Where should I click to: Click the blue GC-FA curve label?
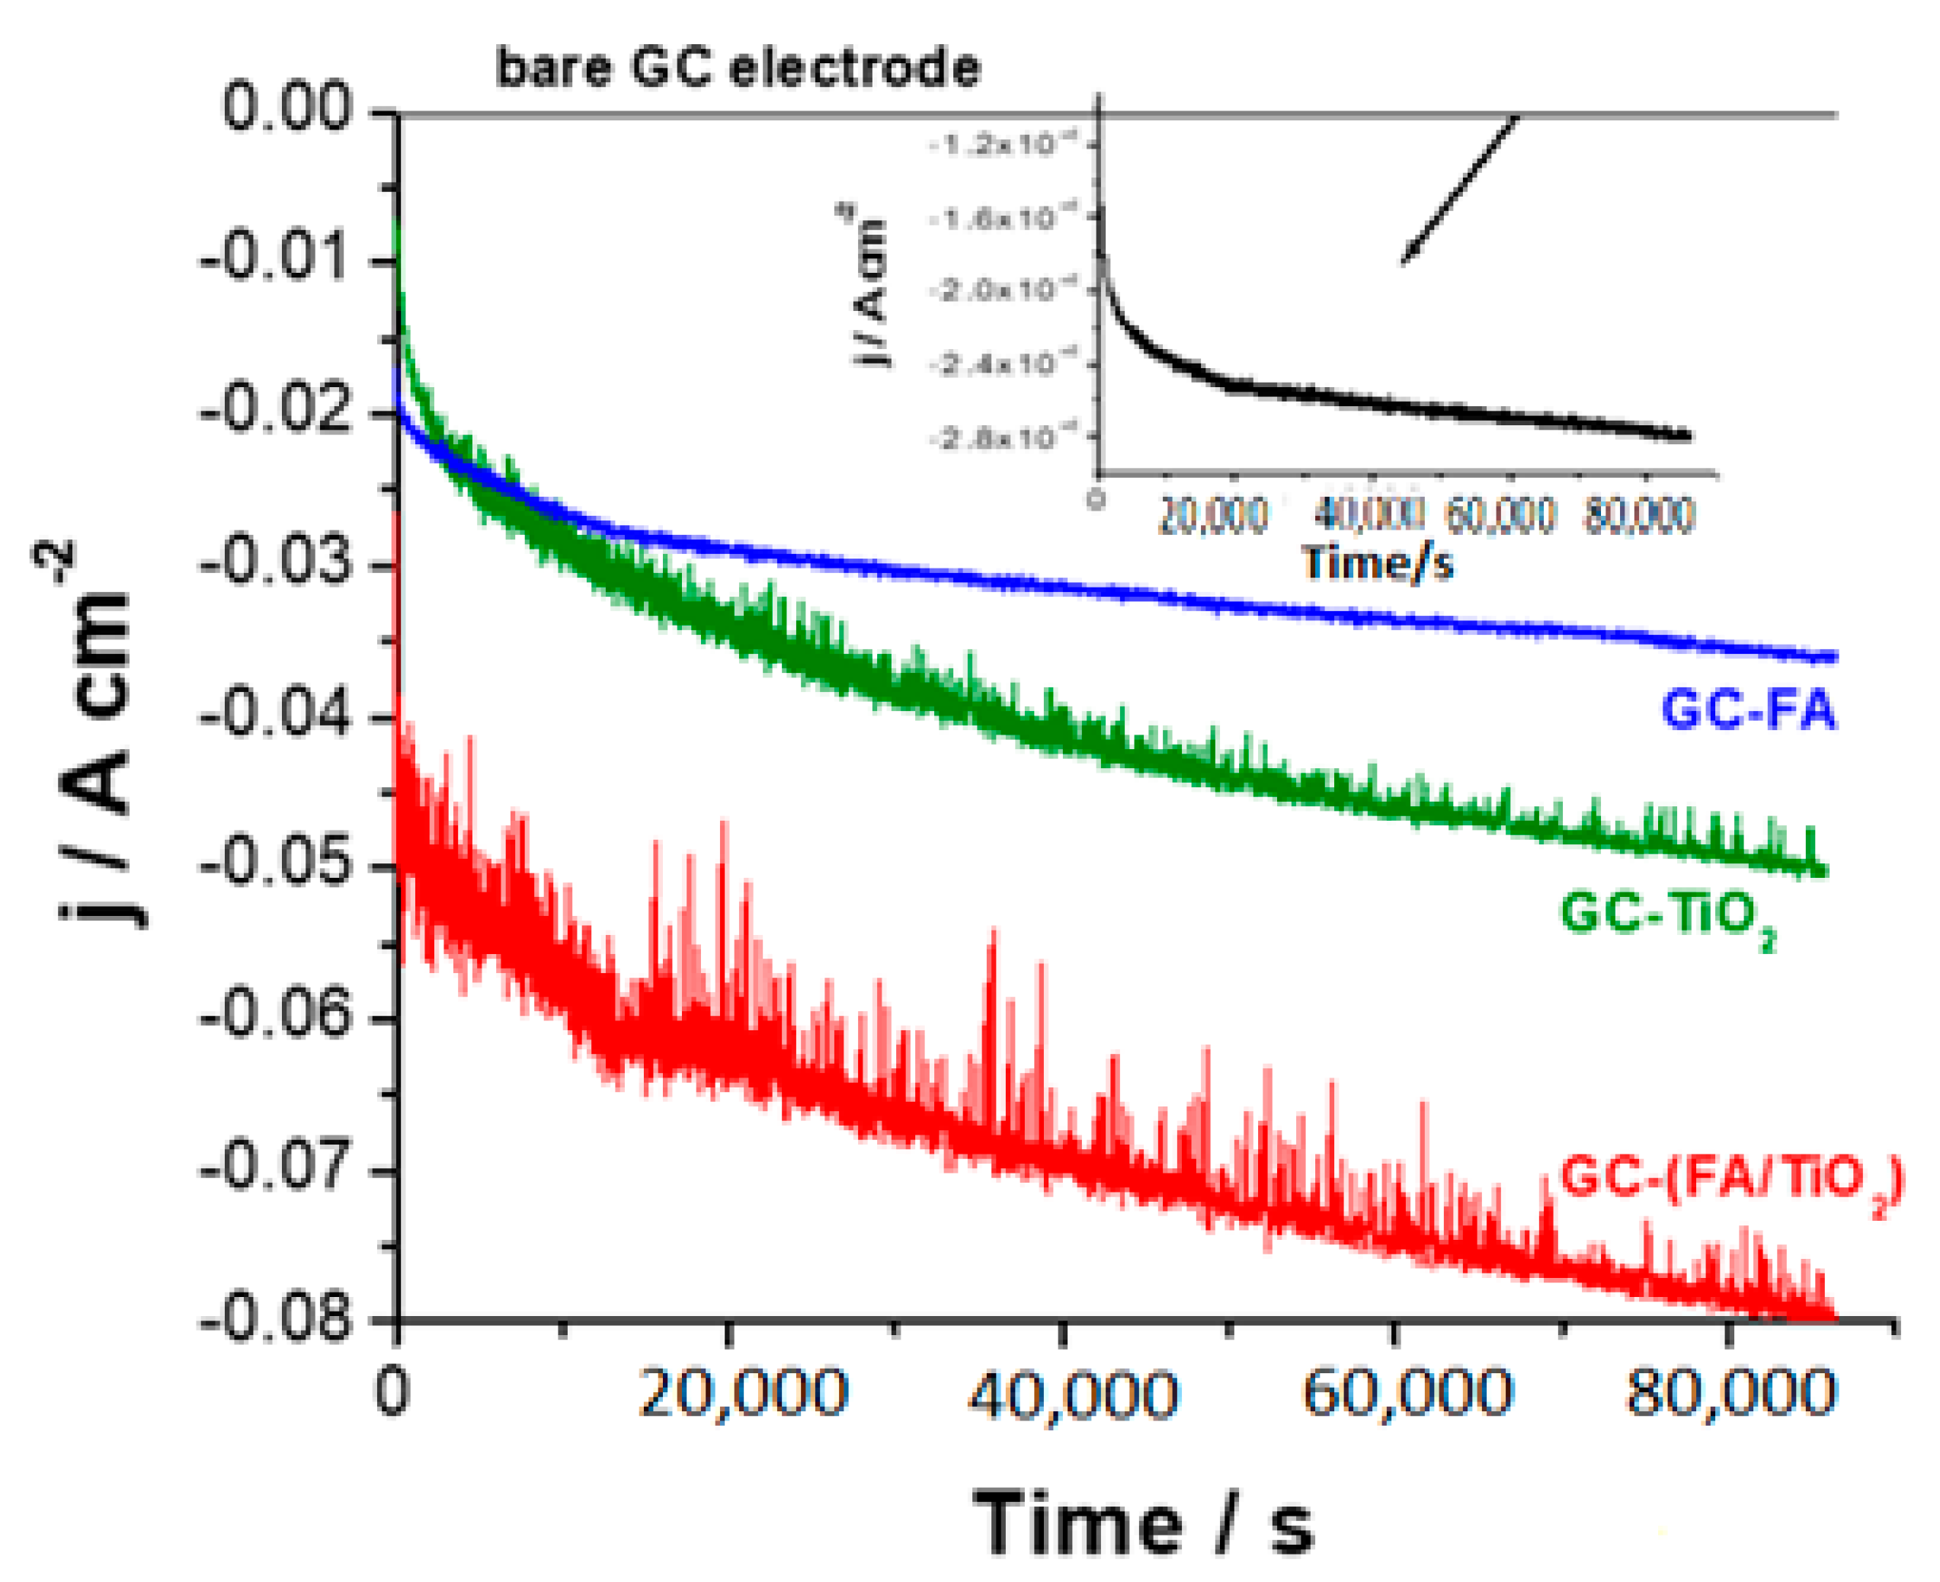click(1748, 710)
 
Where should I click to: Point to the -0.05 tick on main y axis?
click(274, 865)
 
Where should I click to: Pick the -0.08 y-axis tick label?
click(274, 1318)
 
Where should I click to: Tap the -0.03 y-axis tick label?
click(274, 562)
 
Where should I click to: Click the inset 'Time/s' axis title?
click(1377, 563)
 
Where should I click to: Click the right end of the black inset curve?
click(1688, 436)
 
